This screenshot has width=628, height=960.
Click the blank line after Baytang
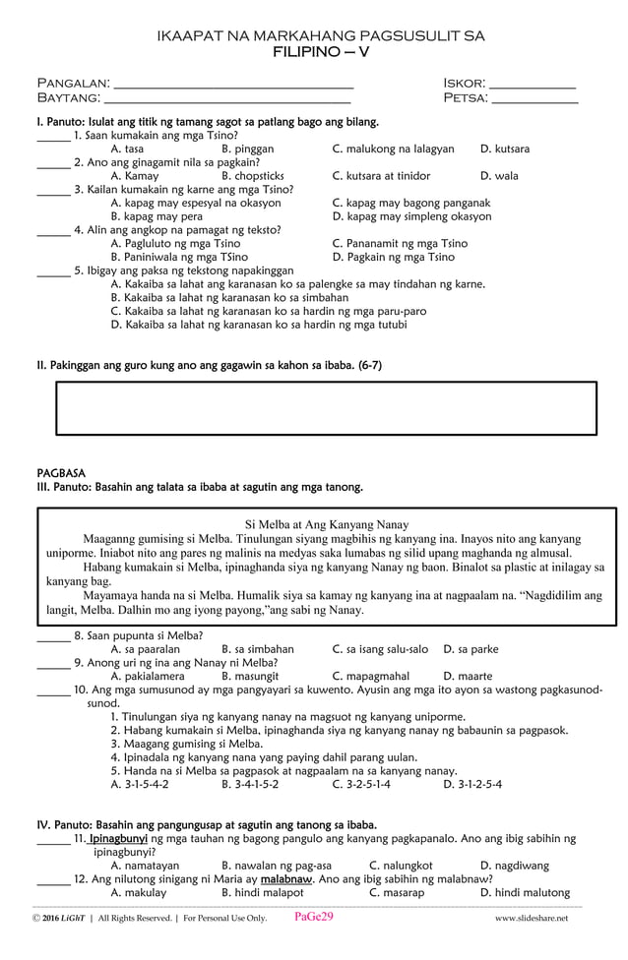pyautogui.click(x=227, y=101)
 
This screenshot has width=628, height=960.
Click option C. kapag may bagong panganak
pyautogui.click(x=410, y=203)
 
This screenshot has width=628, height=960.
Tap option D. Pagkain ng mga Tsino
pyautogui.click(x=394, y=257)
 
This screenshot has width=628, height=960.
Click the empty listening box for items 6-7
pyautogui.click(x=326, y=407)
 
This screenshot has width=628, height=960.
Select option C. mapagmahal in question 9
pyautogui.click(x=371, y=676)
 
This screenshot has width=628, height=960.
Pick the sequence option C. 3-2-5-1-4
pyautogui.click(x=361, y=784)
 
